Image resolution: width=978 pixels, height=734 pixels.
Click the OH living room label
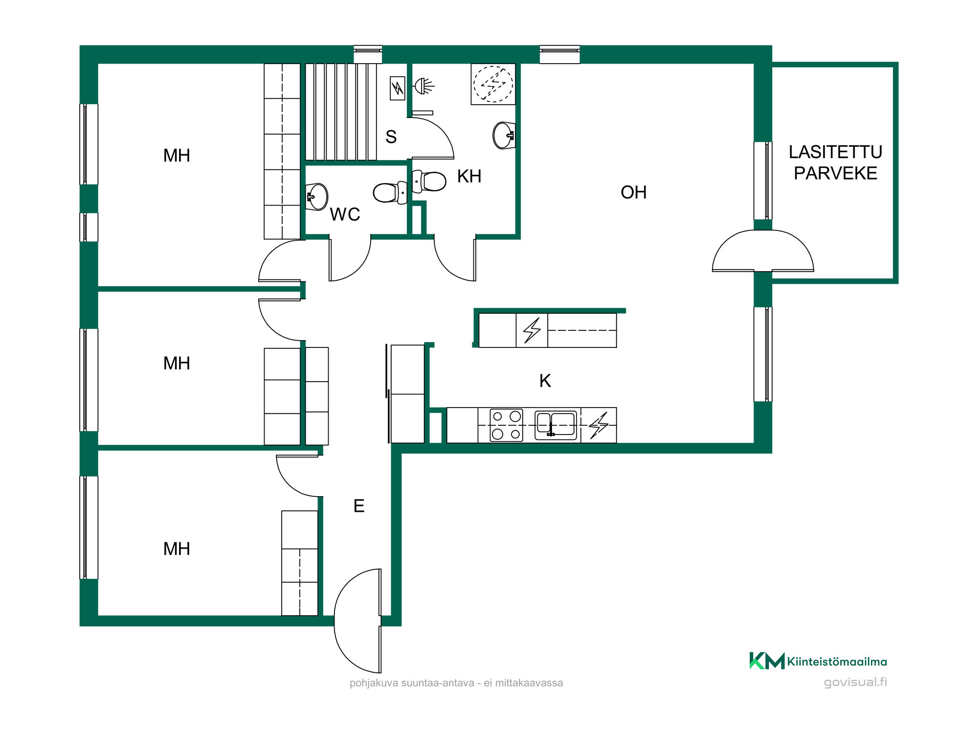point(633,192)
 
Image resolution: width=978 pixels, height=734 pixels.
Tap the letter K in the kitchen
point(545,381)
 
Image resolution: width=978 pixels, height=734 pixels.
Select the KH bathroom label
point(469,176)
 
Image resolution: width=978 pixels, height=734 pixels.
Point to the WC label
point(345,214)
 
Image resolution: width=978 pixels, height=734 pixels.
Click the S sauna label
point(391,137)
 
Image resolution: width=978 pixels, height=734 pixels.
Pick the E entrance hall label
point(359,506)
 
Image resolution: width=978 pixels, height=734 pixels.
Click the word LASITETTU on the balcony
point(835,152)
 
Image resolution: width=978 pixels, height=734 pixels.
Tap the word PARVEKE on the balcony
point(835,173)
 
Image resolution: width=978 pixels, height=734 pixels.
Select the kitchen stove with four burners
point(506,425)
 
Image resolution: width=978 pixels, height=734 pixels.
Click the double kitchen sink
point(556,425)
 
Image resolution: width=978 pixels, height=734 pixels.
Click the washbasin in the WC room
point(316,197)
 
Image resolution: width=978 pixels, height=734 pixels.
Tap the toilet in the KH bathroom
point(429,181)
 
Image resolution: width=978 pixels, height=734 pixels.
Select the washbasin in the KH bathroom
point(504,136)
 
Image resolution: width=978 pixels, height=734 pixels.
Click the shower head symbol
point(424,87)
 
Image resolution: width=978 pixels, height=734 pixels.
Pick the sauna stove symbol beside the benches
point(398,89)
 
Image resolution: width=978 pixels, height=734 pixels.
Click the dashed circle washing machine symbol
point(493,84)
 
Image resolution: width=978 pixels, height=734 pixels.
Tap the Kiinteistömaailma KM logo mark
point(767,661)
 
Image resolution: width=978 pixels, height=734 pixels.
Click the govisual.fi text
point(855,682)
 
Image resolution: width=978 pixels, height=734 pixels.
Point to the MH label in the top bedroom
point(177,156)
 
